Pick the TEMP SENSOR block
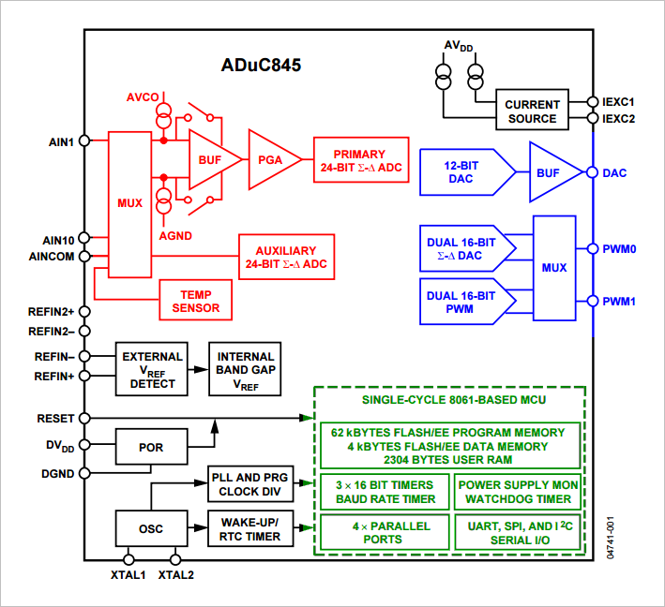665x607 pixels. click(196, 300)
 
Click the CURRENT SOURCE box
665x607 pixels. click(532, 111)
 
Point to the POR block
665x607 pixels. click(150, 447)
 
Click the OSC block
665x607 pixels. click(150, 528)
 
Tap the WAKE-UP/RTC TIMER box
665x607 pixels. click(249, 528)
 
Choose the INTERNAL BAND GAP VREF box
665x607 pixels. click(246, 370)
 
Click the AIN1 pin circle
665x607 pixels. click(84, 141)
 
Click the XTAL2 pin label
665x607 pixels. click(175, 574)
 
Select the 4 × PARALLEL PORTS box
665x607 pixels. click(383, 533)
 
